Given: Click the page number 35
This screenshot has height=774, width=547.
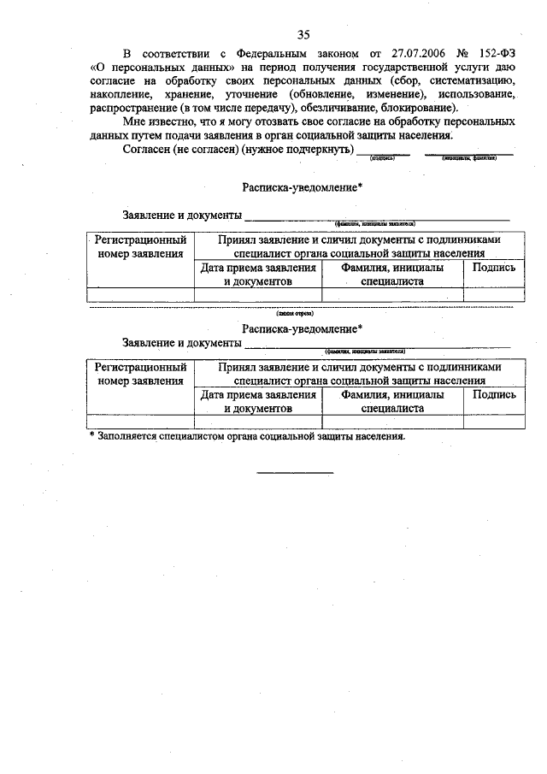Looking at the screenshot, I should [x=303, y=35].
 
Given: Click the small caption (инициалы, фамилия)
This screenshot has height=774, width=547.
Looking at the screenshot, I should [x=469, y=158].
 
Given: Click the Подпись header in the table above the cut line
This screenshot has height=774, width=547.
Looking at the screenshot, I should [x=494, y=267].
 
